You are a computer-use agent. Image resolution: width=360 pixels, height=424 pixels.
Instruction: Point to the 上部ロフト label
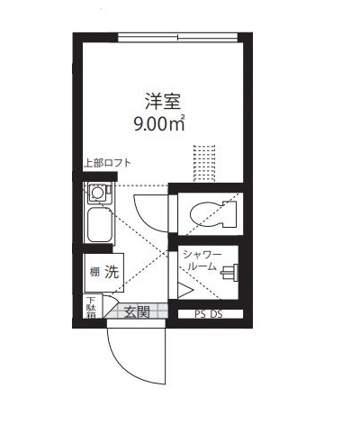107,163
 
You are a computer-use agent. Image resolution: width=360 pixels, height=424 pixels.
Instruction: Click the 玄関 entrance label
137,312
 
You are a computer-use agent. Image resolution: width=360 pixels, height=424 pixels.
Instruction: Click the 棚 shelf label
93,272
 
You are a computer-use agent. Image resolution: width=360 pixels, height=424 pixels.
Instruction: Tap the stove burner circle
97,193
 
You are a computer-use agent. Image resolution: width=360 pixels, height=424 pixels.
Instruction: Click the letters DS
216,314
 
